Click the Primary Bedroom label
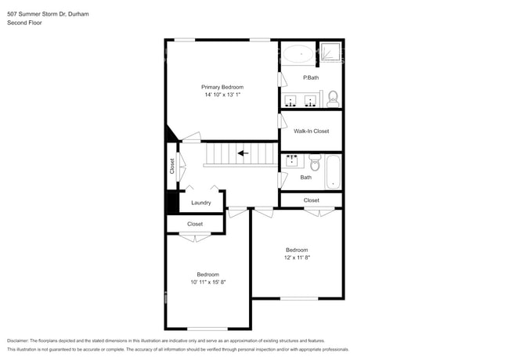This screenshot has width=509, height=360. coord(222,87)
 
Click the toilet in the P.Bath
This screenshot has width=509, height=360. coord(332,98)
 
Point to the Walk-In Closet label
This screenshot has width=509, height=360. coord(311,131)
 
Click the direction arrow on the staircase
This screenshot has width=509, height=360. coord(244,153)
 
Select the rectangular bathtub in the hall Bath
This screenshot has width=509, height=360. coord(334,171)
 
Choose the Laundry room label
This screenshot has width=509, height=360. coord(200,203)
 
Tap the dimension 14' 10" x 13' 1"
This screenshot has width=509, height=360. coord(222,95)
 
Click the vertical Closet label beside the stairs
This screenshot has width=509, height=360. coord(172,166)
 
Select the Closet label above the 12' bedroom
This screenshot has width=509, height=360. coord(311,200)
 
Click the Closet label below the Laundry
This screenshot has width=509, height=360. coord(194,224)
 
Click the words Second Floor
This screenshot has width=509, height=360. coord(24,23)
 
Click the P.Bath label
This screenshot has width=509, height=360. coord(311,77)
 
